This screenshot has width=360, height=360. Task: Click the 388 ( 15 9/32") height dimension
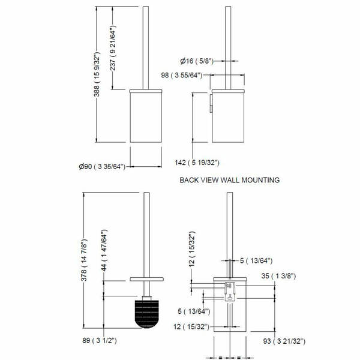[x=97, y=74]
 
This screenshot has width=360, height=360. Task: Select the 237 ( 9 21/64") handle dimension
[x=113, y=48]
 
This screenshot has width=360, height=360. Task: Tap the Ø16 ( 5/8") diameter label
[x=197, y=61]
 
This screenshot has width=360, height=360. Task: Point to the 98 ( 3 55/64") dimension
[x=182, y=75]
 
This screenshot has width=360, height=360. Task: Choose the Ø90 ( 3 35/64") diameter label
[x=102, y=166]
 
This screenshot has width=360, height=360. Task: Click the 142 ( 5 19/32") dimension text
[x=197, y=163]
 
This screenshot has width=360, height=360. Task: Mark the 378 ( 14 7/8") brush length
[x=84, y=260]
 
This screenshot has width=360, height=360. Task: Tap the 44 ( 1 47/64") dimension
[x=104, y=250]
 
